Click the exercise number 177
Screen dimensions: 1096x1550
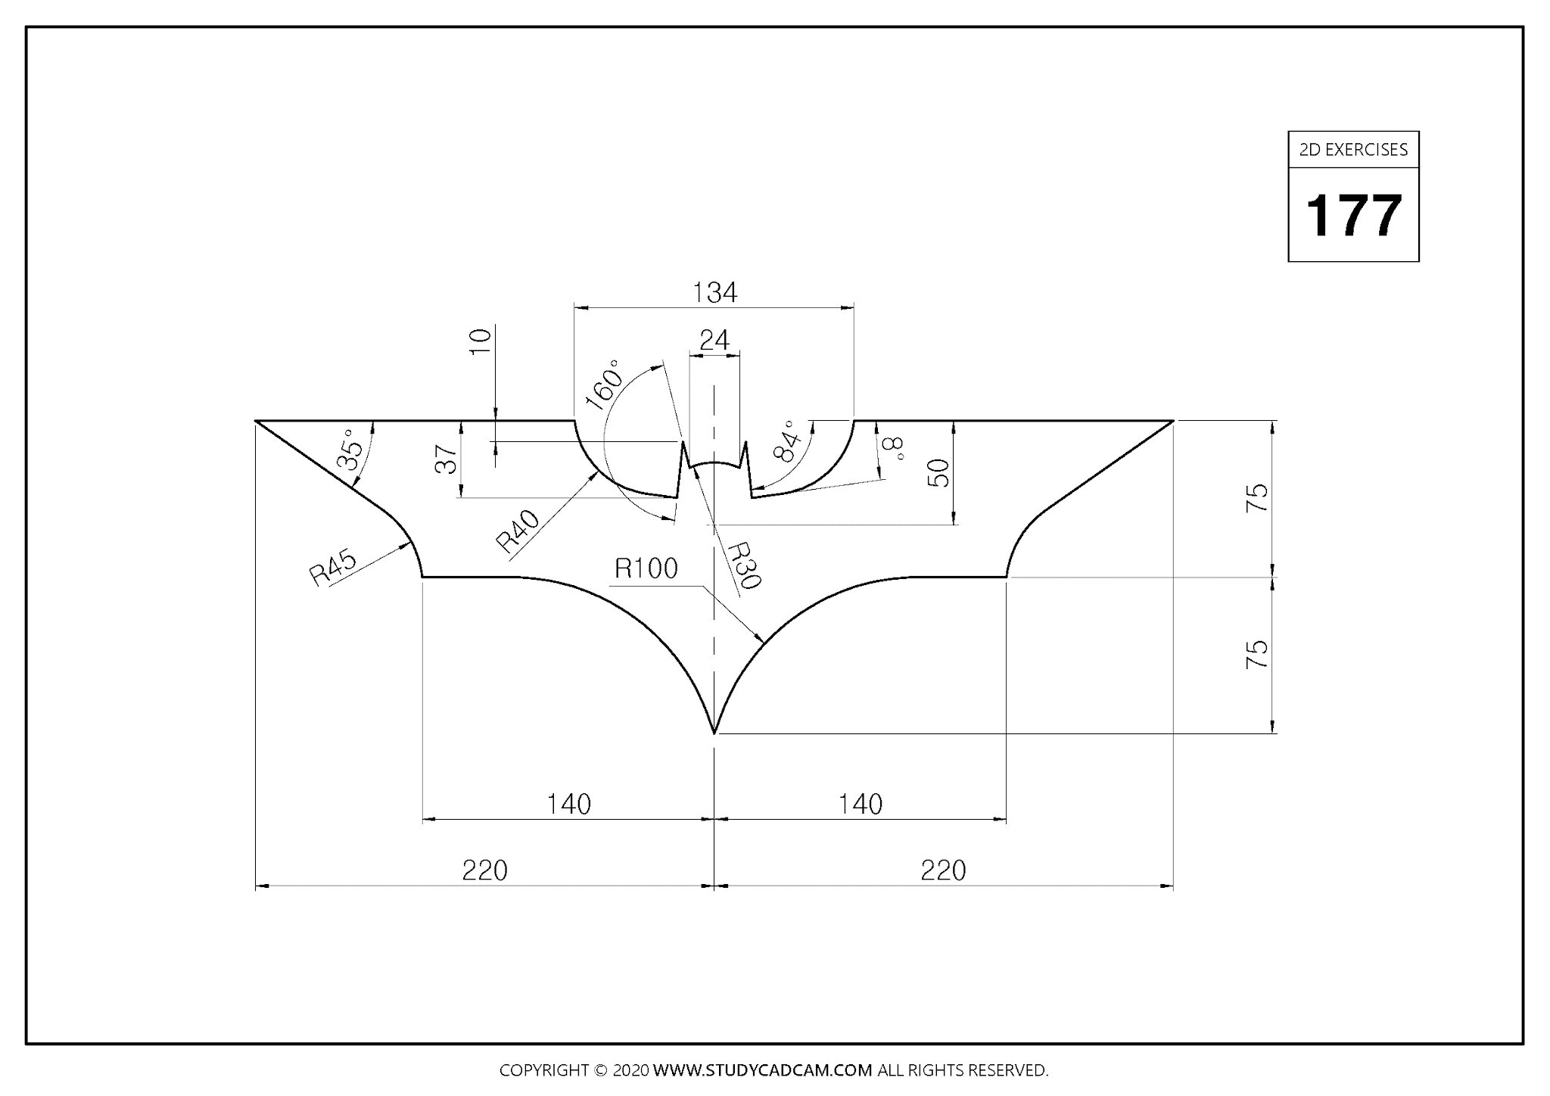coord(1353,216)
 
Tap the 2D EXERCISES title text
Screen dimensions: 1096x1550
coord(1353,150)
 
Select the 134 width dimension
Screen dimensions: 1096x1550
coord(714,292)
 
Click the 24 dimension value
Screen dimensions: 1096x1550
coord(714,341)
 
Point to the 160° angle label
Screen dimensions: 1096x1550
coord(603,385)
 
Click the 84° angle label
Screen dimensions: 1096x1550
coord(787,441)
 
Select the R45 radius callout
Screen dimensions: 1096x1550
coord(333,567)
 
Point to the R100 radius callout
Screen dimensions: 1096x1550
coord(646,568)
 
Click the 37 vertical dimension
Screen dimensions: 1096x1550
coord(447,459)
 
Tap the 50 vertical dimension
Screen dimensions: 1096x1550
coord(938,473)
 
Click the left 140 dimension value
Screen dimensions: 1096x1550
coord(568,804)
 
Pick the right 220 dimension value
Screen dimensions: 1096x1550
coord(943,870)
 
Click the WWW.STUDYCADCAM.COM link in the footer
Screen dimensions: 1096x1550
coord(762,1070)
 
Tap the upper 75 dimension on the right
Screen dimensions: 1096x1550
coord(1256,497)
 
